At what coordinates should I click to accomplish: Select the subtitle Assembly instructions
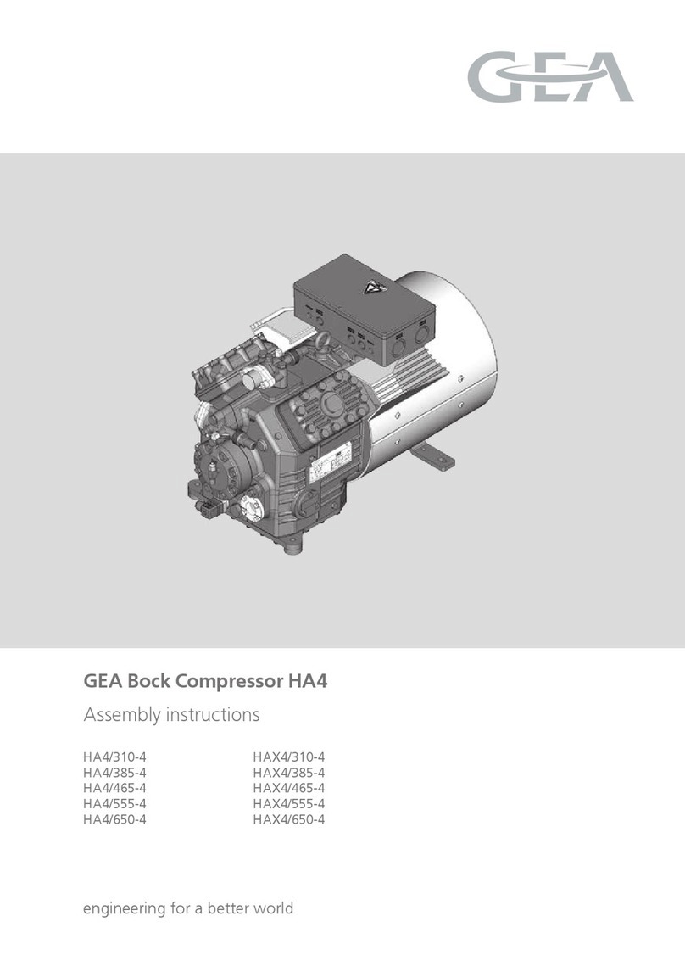point(170,715)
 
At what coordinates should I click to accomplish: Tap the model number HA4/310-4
point(120,757)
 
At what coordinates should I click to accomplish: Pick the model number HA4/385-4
point(120,773)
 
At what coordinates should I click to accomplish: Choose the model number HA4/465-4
point(120,788)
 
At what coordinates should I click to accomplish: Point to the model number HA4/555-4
point(120,803)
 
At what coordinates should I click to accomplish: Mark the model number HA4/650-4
point(120,818)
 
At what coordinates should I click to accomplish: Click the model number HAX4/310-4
point(289,757)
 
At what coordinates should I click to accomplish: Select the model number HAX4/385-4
point(289,773)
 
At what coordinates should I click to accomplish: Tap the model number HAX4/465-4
point(289,788)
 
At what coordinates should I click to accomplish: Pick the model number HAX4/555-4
point(289,803)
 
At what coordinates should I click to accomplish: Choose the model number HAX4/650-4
point(289,818)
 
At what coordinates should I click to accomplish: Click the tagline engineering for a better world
point(187,908)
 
